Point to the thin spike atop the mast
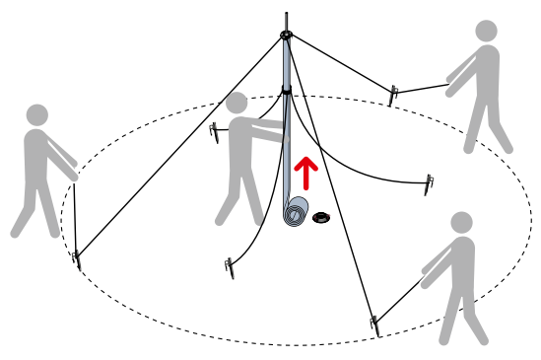(x=285, y=19)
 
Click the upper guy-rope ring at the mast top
(x=285, y=35)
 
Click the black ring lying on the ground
(x=320, y=218)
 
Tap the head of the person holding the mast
(x=237, y=104)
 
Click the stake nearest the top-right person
(x=392, y=94)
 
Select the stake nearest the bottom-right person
(x=373, y=322)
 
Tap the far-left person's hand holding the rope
(x=74, y=179)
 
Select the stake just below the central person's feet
(x=230, y=266)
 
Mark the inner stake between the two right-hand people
(x=428, y=182)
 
